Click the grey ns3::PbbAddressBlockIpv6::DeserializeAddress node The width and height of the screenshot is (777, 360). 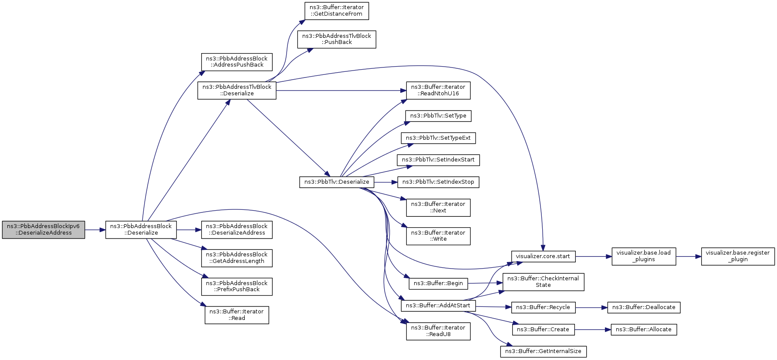coord(44,230)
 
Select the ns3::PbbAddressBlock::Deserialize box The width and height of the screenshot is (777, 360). coord(141,230)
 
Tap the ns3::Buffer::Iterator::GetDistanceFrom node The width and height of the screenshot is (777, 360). coord(337,11)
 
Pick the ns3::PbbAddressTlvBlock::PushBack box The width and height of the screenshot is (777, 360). coord(337,39)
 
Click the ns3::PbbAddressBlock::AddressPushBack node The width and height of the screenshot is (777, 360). coord(237,62)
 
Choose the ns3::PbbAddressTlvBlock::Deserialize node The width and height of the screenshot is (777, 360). coord(237,91)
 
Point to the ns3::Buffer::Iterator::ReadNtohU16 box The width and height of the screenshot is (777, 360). coord(438,91)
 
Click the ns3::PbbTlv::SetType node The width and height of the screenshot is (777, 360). coord(438,116)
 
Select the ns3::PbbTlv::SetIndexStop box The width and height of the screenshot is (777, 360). coord(438,182)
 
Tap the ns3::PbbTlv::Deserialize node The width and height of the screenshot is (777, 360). coord(337,182)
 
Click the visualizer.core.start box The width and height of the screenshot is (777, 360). coord(543,256)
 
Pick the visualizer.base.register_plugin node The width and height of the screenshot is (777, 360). coord(738,256)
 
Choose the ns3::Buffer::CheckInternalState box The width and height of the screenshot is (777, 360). coord(543,282)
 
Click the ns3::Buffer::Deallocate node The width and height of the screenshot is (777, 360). coord(644,307)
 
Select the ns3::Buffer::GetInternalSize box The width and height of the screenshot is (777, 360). coord(543,351)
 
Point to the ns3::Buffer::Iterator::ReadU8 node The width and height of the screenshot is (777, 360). coord(438,331)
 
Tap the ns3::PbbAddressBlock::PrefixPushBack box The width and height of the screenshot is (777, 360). coord(237,286)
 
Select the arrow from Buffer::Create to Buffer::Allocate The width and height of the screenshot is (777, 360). coord(593,330)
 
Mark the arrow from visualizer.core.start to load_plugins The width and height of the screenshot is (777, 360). coord(594,256)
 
